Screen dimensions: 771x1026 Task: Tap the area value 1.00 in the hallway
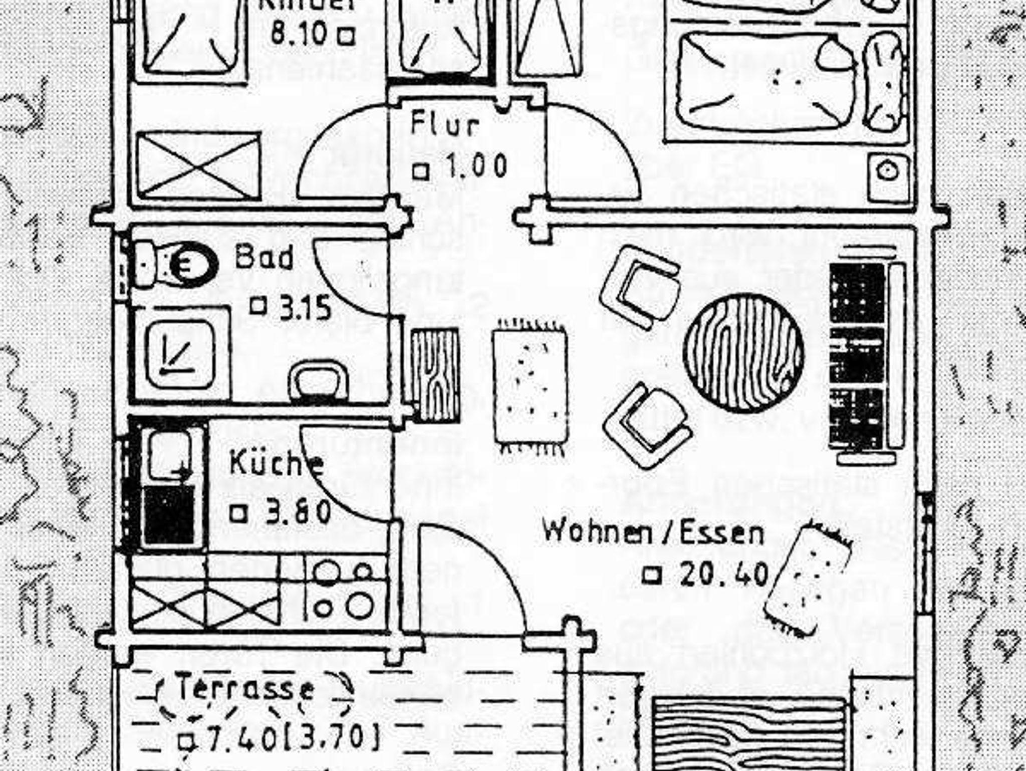click(475, 167)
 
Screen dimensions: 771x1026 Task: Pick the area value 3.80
click(298, 513)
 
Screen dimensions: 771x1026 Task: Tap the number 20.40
click(723, 574)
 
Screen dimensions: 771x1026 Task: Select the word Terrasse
click(245, 688)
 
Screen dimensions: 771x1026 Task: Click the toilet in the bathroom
click(175, 264)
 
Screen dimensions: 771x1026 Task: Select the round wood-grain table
click(744, 353)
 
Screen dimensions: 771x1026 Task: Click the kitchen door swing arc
click(341, 476)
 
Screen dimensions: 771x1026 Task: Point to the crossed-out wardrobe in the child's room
click(198, 166)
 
